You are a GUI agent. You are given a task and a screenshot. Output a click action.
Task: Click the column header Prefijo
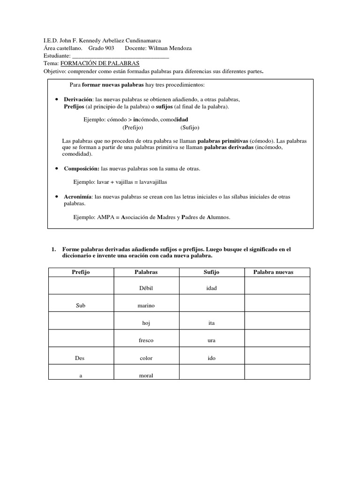(81, 272)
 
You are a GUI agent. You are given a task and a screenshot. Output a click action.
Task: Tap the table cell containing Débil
(146, 288)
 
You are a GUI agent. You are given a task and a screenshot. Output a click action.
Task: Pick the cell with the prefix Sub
(81, 306)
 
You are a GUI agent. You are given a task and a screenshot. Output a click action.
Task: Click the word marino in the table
(146, 306)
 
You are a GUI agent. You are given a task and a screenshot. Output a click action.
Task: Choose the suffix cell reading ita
(211, 323)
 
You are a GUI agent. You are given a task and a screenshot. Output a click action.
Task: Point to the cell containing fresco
(146, 340)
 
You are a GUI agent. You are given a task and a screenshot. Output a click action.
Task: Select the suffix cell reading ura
(211, 340)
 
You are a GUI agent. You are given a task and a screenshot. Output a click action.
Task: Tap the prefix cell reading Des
(81, 358)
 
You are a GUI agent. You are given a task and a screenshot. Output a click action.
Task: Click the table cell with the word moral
(146, 375)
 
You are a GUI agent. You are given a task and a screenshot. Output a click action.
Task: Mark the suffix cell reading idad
(211, 288)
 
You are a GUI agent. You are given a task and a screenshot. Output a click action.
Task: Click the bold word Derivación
(77, 100)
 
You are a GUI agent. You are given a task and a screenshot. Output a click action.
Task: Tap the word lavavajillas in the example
(151, 181)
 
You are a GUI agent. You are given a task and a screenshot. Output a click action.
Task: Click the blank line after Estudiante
(118, 55)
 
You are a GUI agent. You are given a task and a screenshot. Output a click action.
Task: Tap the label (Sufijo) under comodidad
(190, 127)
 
